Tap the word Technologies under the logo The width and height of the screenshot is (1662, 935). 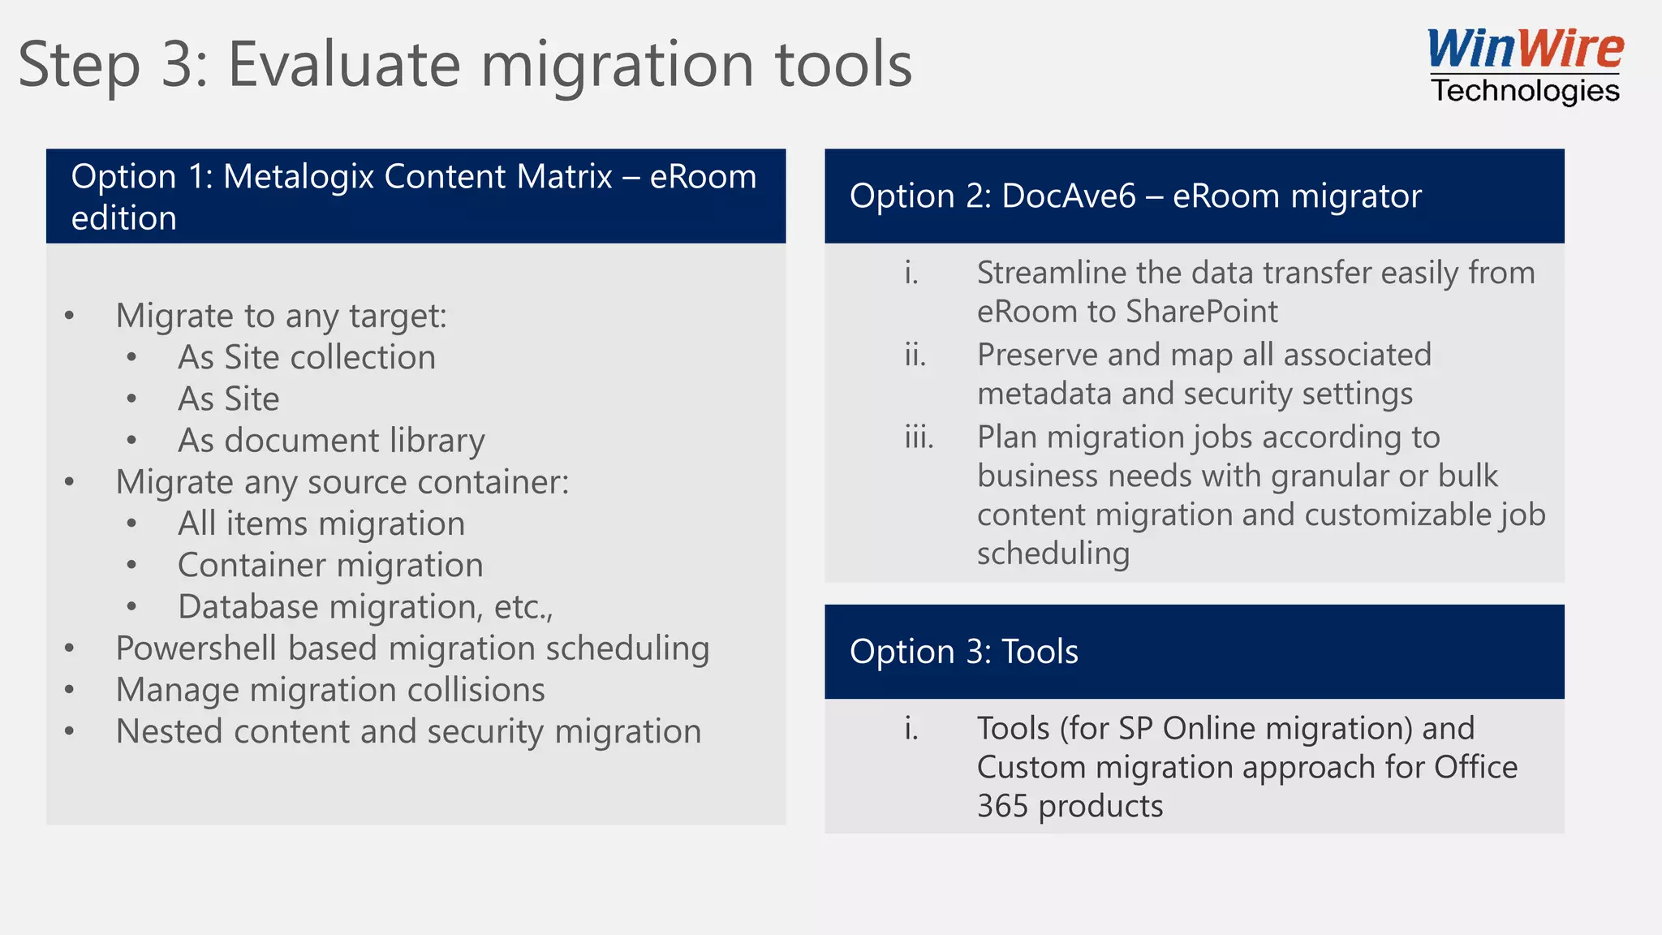point(1525,90)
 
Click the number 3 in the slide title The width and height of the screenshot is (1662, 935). point(177,65)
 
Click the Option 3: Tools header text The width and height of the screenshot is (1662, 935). point(963,652)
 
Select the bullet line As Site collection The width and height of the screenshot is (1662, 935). point(306,357)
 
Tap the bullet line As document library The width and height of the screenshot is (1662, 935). point(330,441)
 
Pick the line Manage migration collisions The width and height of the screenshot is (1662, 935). point(329,690)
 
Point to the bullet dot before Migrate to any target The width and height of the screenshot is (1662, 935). point(70,316)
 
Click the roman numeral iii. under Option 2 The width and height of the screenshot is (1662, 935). point(919,437)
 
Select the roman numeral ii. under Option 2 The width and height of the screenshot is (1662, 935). point(915,355)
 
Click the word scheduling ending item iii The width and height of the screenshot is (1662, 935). point(1053,554)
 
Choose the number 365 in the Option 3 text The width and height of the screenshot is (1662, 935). point(1002,807)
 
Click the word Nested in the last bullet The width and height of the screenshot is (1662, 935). point(169,731)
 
